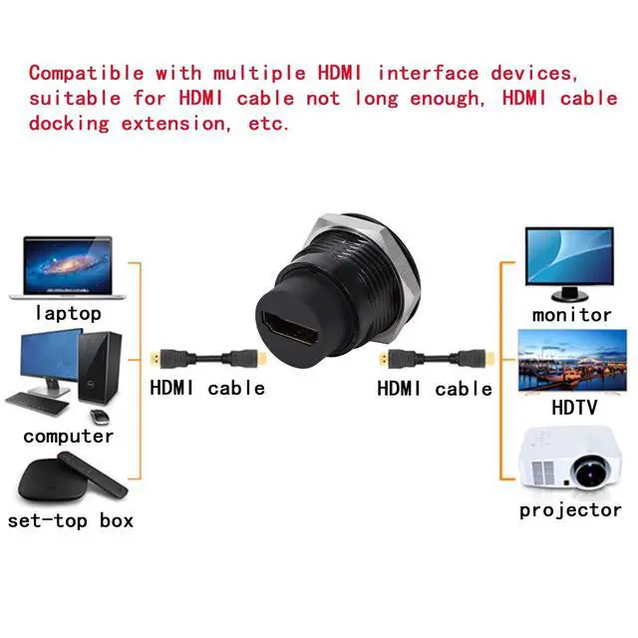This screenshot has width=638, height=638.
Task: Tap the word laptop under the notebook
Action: pos(68,313)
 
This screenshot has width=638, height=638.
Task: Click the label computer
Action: pos(69,436)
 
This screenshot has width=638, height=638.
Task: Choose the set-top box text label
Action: pos(70,520)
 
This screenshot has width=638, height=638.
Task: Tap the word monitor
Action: pos(571,314)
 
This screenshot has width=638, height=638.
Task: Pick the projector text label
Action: pos(570,510)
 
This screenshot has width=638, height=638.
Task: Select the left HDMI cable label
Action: pos(207,388)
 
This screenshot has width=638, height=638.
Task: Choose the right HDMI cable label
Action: pos(435,388)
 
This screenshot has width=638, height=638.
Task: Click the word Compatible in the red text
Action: pos(86,73)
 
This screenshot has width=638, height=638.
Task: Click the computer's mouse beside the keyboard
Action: pos(97,414)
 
